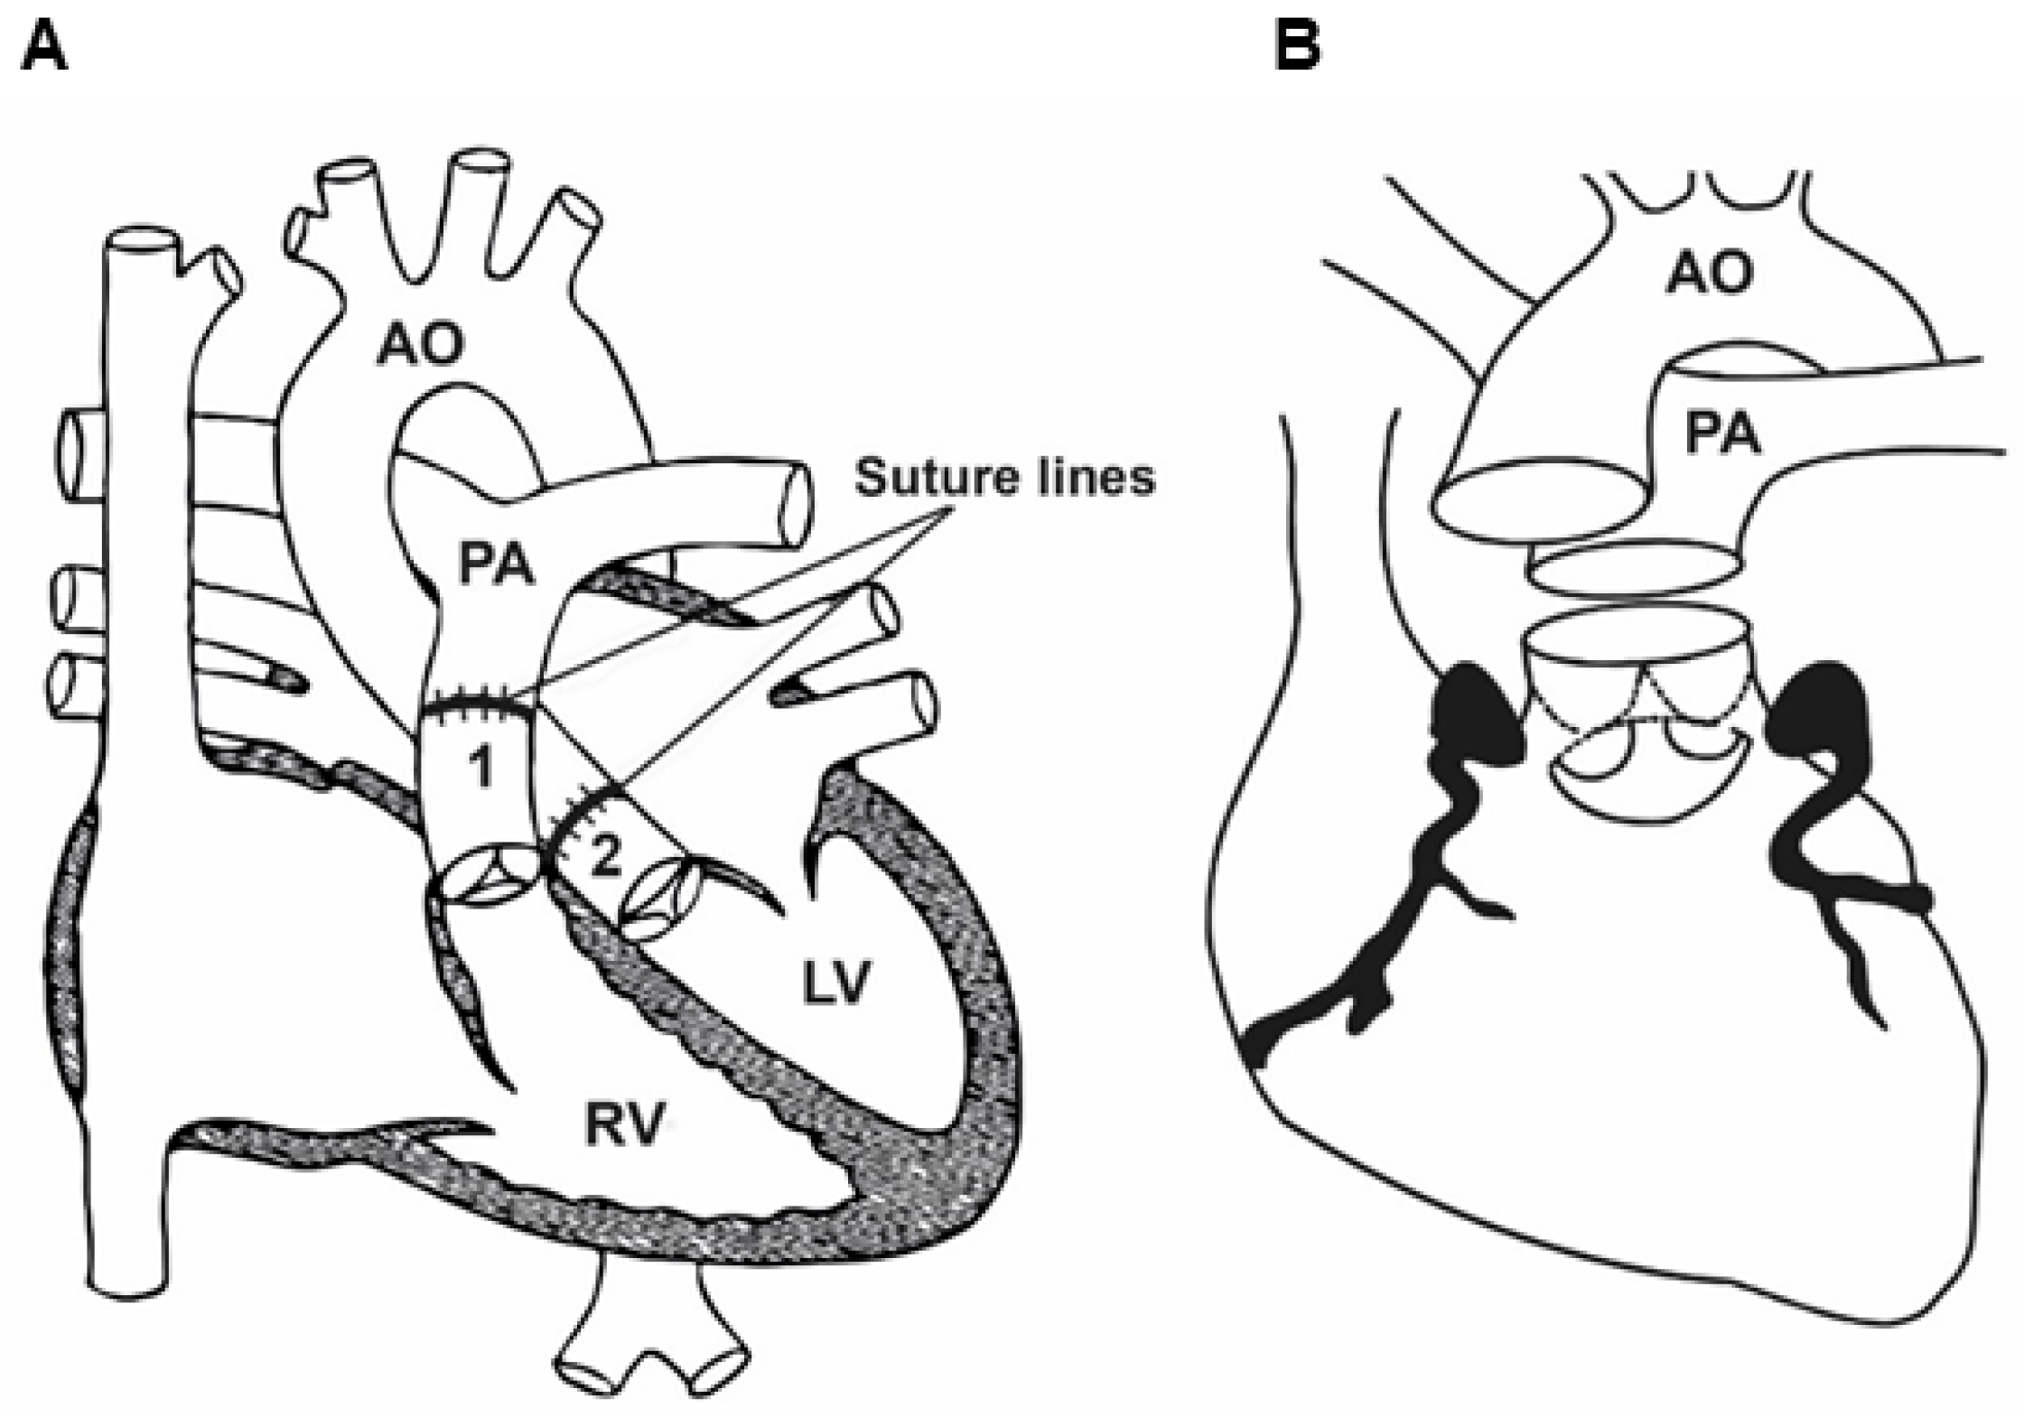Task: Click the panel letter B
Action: point(1297,47)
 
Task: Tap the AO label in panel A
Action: point(421,344)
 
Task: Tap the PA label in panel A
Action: point(496,564)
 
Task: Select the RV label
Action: point(624,1125)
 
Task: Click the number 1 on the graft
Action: point(481,768)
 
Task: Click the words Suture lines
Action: point(1004,477)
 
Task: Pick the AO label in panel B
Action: point(1710,273)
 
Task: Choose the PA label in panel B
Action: point(1722,434)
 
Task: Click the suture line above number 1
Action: point(477,704)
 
